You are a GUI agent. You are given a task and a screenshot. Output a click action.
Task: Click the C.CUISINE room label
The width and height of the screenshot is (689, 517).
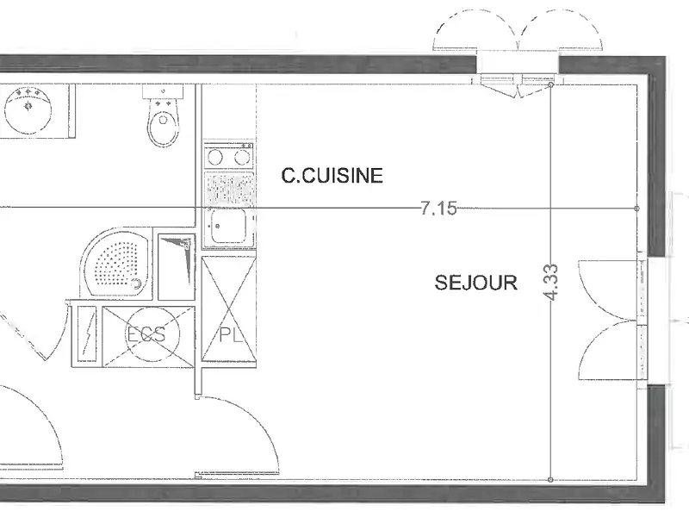[332, 176]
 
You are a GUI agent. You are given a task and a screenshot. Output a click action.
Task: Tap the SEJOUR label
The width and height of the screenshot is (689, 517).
[476, 282]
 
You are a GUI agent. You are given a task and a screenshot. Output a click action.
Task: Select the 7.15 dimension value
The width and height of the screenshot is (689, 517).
[438, 208]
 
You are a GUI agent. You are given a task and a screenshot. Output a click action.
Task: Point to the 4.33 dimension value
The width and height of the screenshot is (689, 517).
[551, 281]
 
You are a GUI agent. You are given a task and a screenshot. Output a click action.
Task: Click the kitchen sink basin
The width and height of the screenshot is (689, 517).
[228, 228]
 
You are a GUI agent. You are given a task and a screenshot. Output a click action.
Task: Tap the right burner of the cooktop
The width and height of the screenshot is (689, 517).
[242, 157]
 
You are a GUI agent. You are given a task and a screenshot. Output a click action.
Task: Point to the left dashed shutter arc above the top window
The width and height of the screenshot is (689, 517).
[476, 30]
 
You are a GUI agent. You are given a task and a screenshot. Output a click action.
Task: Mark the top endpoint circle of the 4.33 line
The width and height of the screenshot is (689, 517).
[551, 85]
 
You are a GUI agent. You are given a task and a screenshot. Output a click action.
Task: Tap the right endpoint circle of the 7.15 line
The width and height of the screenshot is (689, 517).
[636, 209]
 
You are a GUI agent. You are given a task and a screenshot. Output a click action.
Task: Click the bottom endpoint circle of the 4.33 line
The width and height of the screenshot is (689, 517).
[551, 481]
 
